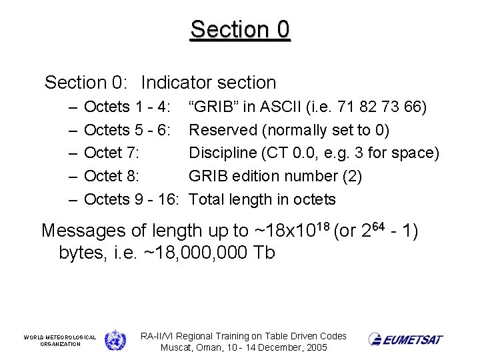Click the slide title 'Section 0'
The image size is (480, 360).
[x=240, y=29]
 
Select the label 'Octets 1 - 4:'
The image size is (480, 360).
[x=127, y=107]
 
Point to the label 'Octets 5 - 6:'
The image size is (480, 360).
[x=127, y=130]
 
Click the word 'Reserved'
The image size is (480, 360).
[x=222, y=130]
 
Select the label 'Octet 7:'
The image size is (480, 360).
[x=112, y=153]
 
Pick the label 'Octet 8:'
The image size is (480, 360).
[x=112, y=176]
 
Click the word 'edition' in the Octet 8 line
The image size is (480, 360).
[x=262, y=176]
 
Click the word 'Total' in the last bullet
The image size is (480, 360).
[x=207, y=199]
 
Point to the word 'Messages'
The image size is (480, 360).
[x=84, y=231]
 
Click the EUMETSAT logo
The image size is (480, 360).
[x=405, y=339]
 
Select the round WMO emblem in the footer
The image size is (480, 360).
[x=115, y=340]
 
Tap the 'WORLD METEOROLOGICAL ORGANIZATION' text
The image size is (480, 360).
[x=60, y=340]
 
